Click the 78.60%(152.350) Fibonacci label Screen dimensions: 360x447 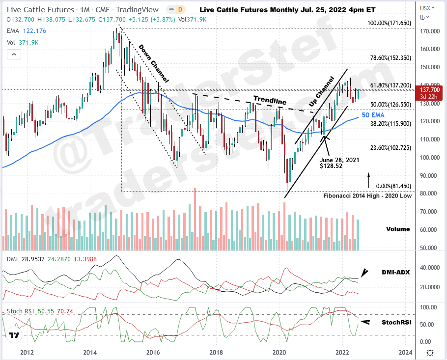click(390, 57)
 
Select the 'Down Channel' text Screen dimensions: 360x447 click(153, 63)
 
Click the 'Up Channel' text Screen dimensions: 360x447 click(322, 91)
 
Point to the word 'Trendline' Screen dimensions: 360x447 click(270, 101)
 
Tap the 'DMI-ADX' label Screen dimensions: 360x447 click(395, 272)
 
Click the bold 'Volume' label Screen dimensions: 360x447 click(397, 229)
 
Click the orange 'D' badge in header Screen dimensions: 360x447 click(180, 9)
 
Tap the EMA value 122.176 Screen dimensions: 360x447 click(34, 31)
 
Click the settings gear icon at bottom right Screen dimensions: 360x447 click(430, 353)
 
